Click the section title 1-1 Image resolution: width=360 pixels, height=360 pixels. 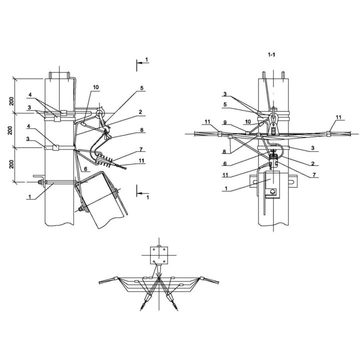point(271,54)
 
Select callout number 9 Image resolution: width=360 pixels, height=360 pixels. point(225,122)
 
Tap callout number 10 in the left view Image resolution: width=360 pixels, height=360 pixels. point(95,87)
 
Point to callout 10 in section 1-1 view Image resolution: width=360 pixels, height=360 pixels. point(248,121)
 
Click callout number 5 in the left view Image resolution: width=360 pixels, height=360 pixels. point(141,87)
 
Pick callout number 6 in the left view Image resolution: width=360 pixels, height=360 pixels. point(85,169)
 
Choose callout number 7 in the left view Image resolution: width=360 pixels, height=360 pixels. point(141,149)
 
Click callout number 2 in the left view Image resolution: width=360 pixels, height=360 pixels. point(140,112)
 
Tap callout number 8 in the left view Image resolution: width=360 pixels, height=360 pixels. point(141,130)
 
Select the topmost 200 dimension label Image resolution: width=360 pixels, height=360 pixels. point(11,101)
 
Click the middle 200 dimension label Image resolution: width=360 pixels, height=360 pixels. point(10,130)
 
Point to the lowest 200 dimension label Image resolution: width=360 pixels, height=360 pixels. point(11,164)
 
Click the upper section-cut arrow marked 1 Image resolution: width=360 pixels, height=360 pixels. point(143,62)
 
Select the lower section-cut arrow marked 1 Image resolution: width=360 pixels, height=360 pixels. point(143,193)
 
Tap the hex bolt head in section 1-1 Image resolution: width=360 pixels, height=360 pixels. point(273,191)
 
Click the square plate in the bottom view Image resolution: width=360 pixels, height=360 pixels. point(159,255)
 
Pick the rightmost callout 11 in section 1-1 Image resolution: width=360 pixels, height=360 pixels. point(338,117)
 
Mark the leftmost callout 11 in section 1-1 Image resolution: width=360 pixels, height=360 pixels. point(207,121)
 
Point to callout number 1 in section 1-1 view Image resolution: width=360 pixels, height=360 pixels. point(226,188)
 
